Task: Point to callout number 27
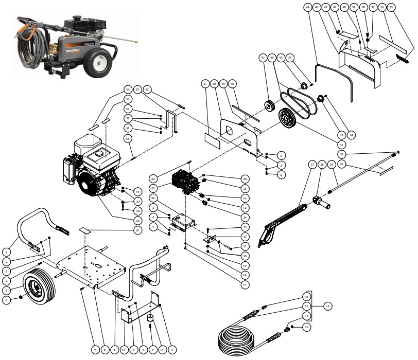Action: pos(312,165)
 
